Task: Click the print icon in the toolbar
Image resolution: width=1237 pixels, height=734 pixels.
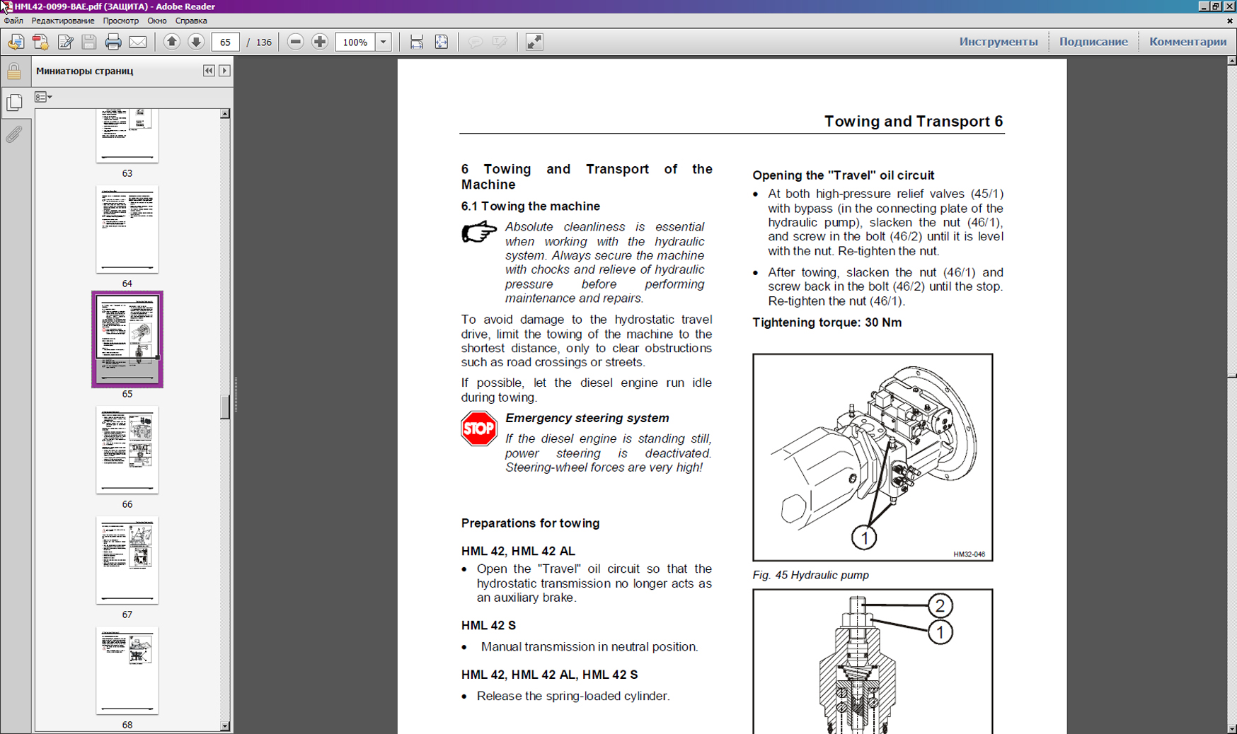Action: click(113, 42)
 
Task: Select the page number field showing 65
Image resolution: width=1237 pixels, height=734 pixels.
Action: click(225, 42)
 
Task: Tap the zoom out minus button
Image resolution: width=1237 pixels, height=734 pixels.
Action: click(296, 42)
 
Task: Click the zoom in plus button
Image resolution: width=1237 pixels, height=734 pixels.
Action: click(320, 42)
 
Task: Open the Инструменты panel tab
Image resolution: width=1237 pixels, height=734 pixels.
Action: click(998, 42)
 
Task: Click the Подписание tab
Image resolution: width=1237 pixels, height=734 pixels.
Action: click(1093, 42)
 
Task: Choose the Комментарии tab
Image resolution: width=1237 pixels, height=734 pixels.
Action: click(1187, 42)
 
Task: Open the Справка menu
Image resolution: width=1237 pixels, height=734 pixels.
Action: click(191, 21)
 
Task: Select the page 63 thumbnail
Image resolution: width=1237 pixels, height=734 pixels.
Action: click(127, 136)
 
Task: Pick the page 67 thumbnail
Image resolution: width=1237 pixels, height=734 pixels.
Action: click(127, 560)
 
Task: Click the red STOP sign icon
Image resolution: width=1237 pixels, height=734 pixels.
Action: click(479, 429)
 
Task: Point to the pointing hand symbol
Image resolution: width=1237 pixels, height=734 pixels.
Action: click(479, 232)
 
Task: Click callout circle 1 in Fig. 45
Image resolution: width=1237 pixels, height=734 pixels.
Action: click(864, 538)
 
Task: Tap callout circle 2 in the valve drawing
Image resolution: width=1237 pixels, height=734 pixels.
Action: click(939, 606)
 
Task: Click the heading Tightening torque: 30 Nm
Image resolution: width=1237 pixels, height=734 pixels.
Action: click(827, 322)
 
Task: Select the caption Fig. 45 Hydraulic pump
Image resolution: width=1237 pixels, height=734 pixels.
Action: click(810, 575)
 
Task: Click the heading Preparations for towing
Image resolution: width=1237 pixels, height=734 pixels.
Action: click(530, 523)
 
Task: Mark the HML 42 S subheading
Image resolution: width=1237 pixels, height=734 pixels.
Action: click(488, 625)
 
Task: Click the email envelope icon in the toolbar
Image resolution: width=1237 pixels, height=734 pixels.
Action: click(138, 42)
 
